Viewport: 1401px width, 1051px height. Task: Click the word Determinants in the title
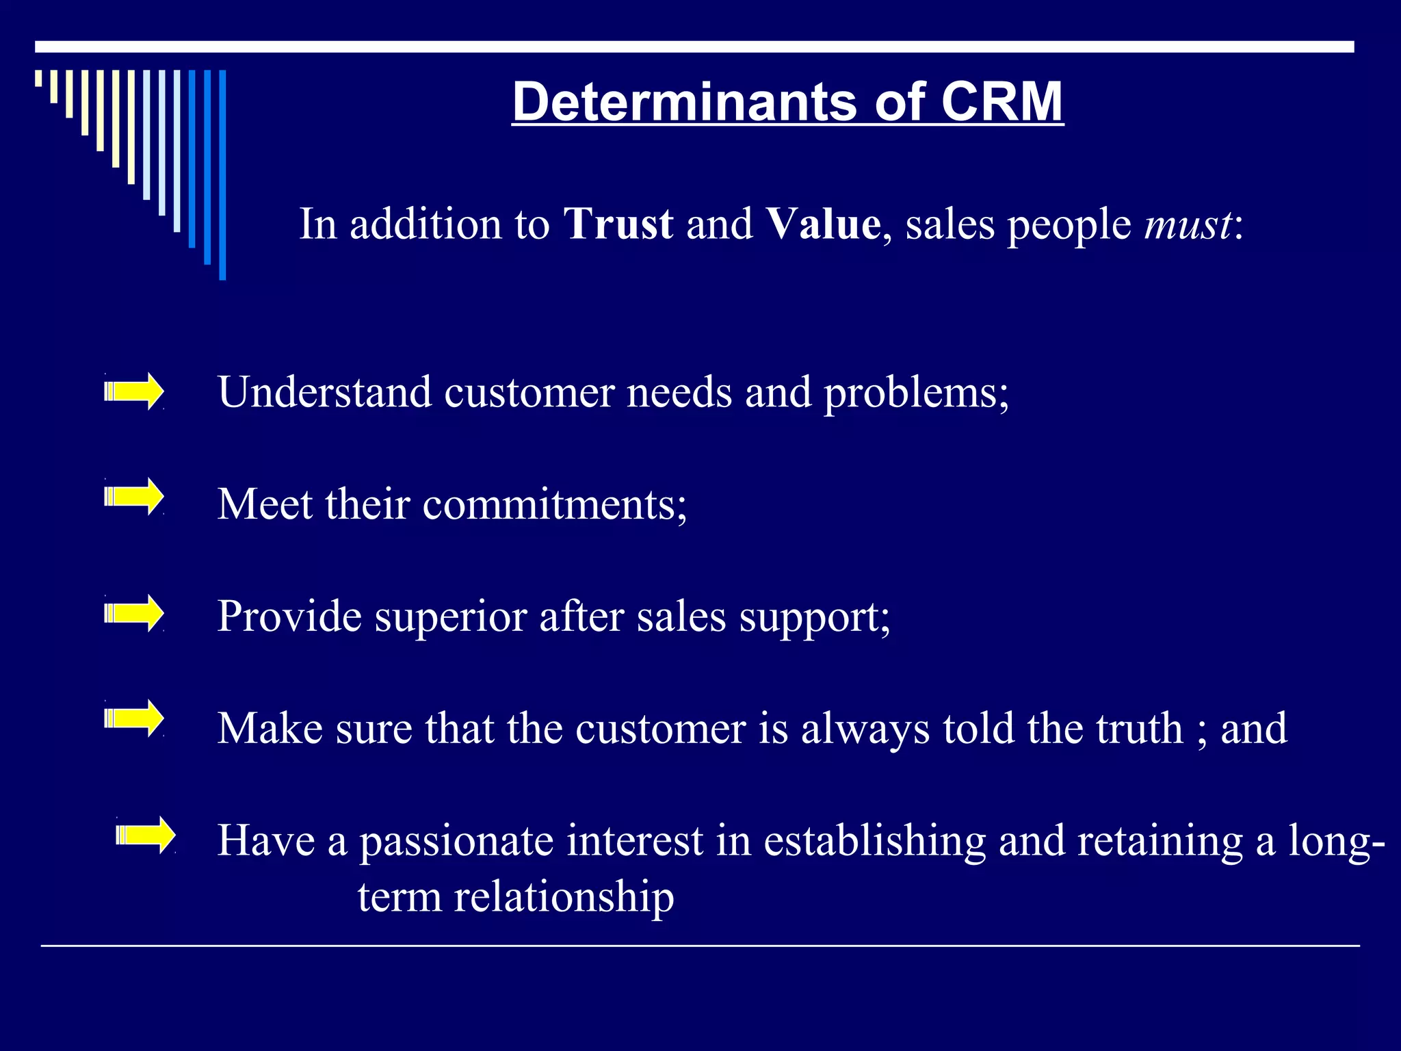(x=685, y=102)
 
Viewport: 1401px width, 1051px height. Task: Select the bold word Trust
(x=618, y=224)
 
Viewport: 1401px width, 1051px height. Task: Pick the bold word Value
(x=823, y=224)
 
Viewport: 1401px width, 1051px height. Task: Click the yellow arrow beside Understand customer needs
(x=134, y=392)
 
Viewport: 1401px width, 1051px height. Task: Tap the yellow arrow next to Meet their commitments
(x=134, y=496)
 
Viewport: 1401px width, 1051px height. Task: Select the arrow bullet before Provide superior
(x=134, y=613)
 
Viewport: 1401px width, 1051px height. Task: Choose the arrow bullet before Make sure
(x=134, y=718)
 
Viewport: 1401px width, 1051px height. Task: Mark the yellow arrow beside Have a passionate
(x=146, y=835)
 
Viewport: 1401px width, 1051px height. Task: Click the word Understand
(x=325, y=392)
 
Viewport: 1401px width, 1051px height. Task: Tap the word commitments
(x=555, y=504)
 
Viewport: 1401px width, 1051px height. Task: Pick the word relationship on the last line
(x=564, y=898)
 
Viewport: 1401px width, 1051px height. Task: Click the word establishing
(x=874, y=842)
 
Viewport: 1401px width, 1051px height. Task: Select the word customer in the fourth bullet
(x=661, y=728)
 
